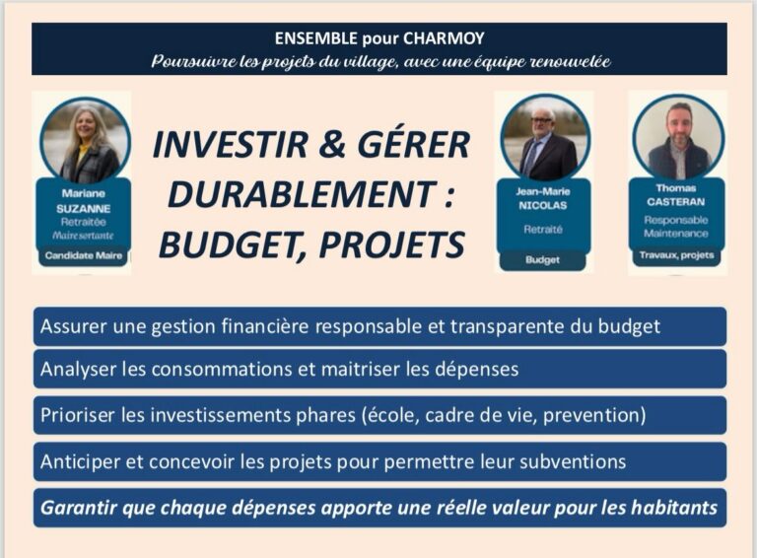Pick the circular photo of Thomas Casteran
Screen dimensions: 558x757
[x=678, y=136]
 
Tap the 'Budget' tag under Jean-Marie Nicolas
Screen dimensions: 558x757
[x=543, y=260]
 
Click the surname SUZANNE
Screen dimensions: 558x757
[x=84, y=208]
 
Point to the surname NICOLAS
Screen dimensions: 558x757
[x=543, y=208]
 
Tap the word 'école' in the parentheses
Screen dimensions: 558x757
[x=450, y=415]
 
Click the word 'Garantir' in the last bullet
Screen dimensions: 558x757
[x=80, y=509]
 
